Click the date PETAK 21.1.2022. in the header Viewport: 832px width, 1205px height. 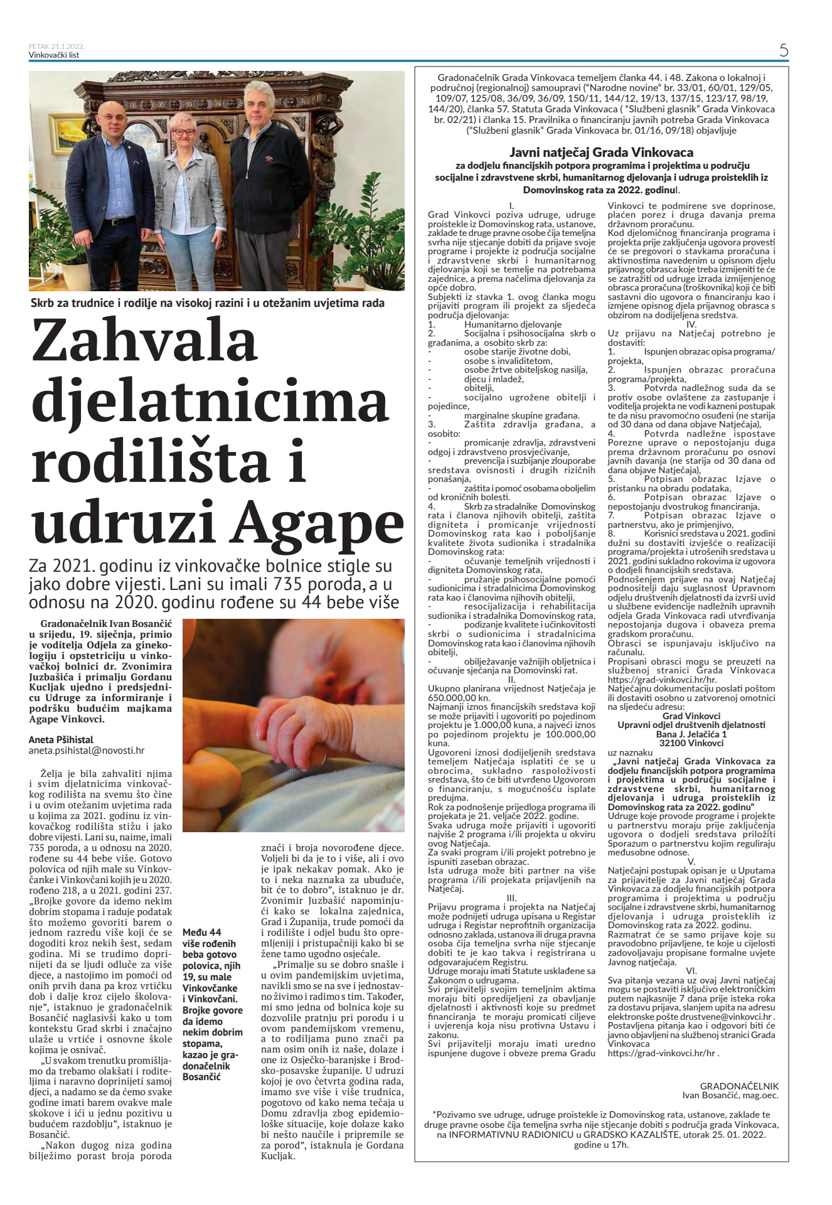click(57, 46)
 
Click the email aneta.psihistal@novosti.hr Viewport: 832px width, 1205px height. click(87, 750)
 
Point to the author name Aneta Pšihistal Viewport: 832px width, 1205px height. click(60, 739)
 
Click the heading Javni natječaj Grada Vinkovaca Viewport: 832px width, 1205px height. click(601, 152)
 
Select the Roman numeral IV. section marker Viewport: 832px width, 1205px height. click(691, 324)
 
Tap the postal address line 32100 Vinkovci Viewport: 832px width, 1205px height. click(691, 742)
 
